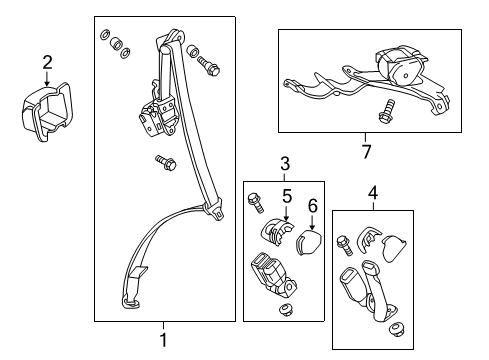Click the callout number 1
pos(164,341)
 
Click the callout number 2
pos(46,64)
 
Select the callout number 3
pos(284,164)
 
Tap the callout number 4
pos(372,192)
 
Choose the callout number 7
pos(367,151)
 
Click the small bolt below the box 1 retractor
pos(163,162)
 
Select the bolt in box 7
pos(384,111)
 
